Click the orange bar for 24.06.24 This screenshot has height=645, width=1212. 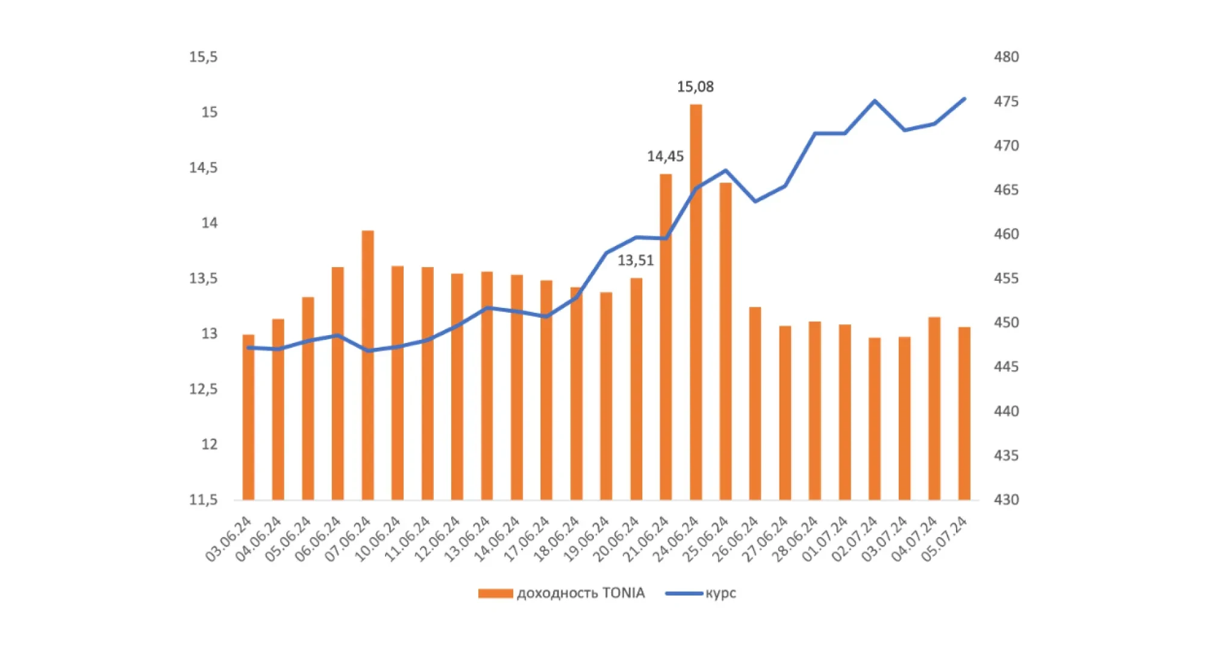tap(695, 301)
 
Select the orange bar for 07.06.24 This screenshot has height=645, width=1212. tap(367, 365)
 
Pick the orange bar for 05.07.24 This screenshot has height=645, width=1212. tap(964, 414)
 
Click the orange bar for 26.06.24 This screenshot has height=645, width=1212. tap(755, 403)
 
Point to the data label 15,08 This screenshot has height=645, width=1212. tap(695, 87)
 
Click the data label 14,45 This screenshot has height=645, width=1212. tap(665, 157)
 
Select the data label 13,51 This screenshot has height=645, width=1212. tap(636, 260)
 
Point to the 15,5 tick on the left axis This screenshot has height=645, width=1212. tap(203, 57)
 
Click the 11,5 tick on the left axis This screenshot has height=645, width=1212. tap(203, 500)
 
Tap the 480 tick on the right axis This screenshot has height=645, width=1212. tap(1006, 57)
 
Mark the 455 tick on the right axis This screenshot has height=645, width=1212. tap(1006, 278)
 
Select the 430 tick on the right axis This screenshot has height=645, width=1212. tap(1006, 500)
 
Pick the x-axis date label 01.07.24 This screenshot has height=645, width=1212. tap(825, 539)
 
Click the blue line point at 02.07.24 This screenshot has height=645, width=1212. tap(874, 101)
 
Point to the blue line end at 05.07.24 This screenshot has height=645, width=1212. tap(964, 99)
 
